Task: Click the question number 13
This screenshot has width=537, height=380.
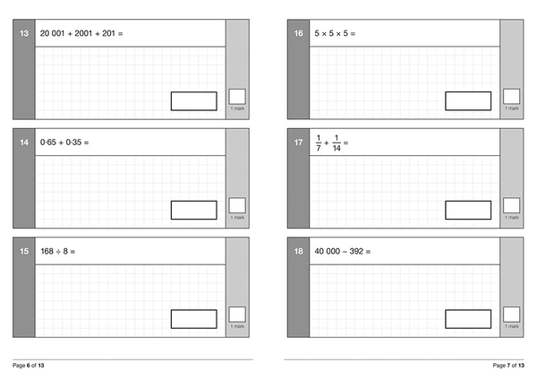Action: pyautogui.click(x=24, y=33)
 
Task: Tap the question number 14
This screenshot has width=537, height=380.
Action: pyautogui.click(x=24, y=142)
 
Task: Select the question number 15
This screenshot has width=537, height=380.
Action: pyautogui.click(x=24, y=251)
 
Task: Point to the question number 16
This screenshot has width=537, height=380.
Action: pyautogui.click(x=298, y=33)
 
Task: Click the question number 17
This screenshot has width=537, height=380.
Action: pyautogui.click(x=298, y=142)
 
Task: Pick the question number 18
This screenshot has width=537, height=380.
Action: pyautogui.click(x=298, y=251)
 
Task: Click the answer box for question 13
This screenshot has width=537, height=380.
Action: pyautogui.click(x=194, y=101)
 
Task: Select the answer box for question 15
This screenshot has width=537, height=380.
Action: pyautogui.click(x=194, y=319)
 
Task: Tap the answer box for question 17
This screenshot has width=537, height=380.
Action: pyautogui.click(x=468, y=210)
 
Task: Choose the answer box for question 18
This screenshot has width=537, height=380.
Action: pyautogui.click(x=468, y=319)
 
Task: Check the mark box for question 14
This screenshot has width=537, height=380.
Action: pyautogui.click(x=237, y=205)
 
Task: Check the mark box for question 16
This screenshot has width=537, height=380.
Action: pyautogui.click(x=512, y=97)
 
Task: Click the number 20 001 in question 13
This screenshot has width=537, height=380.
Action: pyautogui.click(x=53, y=33)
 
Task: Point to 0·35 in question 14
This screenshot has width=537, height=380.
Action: pyautogui.click(x=73, y=142)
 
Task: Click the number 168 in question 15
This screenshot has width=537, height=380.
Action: pyautogui.click(x=47, y=251)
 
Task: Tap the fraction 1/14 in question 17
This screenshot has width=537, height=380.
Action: pyautogui.click(x=337, y=142)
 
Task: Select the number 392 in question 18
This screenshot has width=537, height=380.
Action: pyautogui.click(x=356, y=251)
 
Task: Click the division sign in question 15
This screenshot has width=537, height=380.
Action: pyautogui.click(x=58, y=252)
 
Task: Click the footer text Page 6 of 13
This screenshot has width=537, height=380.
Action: pyautogui.click(x=29, y=366)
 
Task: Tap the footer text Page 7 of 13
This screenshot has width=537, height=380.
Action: pyautogui.click(x=508, y=366)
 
